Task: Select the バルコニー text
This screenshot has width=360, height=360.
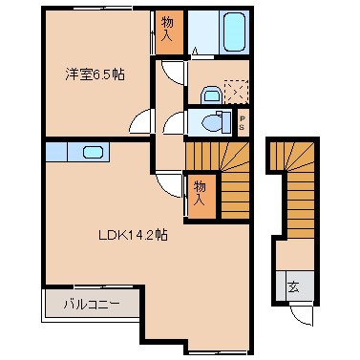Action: click(x=92, y=305)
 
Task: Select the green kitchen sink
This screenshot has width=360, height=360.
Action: click(x=94, y=152)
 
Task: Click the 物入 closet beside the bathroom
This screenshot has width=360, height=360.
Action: click(x=168, y=30)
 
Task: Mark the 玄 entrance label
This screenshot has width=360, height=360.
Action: click(x=293, y=285)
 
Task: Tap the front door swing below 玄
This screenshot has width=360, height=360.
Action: click(x=299, y=316)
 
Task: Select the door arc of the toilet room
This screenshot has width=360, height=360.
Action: click(x=173, y=122)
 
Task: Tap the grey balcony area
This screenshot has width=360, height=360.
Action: click(x=92, y=305)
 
